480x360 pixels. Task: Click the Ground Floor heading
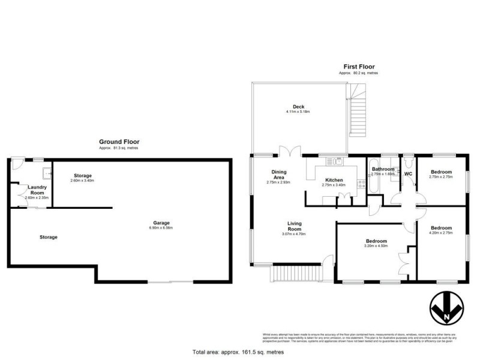tap(119, 142)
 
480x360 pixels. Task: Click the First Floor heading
tap(359, 67)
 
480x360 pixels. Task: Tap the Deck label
tap(298, 107)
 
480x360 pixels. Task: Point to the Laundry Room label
tap(37, 190)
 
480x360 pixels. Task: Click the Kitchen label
tap(334, 180)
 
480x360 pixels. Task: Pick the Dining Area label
tap(280, 175)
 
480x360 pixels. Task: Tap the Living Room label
tap(294, 226)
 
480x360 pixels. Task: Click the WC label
tap(409, 174)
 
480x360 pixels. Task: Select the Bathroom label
tap(383, 169)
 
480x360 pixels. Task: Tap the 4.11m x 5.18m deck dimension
tap(298, 112)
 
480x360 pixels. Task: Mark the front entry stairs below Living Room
tap(295, 274)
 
